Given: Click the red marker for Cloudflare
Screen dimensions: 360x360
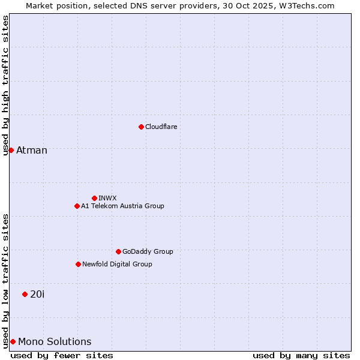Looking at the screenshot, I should [141, 127].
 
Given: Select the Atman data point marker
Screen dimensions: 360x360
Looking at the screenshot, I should [11, 150].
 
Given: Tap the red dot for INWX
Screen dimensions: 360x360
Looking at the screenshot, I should [94, 198].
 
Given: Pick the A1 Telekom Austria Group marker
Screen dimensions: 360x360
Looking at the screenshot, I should [77, 206].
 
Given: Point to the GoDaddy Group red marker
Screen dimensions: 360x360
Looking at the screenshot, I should [118, 251].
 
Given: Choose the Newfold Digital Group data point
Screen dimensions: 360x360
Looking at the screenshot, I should [78, 264].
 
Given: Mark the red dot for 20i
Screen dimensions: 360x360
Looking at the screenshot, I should [25, 294].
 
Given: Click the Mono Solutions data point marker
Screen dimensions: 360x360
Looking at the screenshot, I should [13, 341].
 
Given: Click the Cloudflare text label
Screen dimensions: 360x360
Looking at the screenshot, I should [161, 127].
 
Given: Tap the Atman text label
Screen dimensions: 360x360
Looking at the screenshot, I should [32, 150].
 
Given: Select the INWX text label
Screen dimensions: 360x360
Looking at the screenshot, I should [107, 198].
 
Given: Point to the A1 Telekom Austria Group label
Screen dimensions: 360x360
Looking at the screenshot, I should [122, 206].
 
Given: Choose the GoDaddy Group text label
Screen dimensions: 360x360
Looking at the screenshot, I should [148, 251].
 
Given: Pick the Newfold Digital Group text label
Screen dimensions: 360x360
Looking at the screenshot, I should [117, 264].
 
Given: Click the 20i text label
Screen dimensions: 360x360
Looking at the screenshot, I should [37, 294].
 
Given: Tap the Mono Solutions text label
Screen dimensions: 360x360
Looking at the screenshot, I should [55, 341].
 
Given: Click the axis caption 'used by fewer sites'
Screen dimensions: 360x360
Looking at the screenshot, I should [62, 355].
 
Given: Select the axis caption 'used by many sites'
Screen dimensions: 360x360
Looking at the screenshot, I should [301, 355].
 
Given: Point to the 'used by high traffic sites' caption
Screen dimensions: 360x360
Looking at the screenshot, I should [5, 85].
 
